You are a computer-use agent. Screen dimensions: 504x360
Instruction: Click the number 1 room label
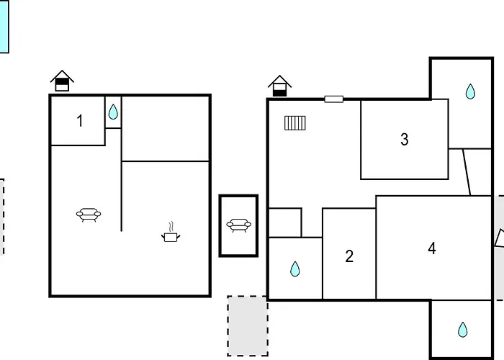tap(80, 121)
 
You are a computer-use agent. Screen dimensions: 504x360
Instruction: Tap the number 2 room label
tap(349, 256)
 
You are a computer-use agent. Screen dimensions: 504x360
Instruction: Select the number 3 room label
tap(405, 140)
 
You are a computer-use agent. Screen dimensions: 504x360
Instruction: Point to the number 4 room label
tap(432, 248)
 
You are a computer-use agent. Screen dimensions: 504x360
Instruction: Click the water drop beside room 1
tap(113, 112)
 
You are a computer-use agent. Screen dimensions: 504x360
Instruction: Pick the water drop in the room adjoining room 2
tap(294, 269)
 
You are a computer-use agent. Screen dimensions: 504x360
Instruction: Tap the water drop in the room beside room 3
tap(470, 91)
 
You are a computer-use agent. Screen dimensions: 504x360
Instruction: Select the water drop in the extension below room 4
tap(462, 330)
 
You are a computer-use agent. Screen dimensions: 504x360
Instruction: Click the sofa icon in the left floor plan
tap(89, 215)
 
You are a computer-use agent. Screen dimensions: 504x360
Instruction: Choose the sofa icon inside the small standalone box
tap(238, 225)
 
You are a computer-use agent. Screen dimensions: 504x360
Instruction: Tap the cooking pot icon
tap(171, 237)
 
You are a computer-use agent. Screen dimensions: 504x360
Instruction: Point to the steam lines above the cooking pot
tap(171, 226)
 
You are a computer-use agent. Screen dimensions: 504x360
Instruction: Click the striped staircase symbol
tap(295, 123)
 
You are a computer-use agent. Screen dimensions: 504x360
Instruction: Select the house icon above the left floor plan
tap(62, 81)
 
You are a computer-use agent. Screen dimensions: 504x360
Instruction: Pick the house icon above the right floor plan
tap(279, 86)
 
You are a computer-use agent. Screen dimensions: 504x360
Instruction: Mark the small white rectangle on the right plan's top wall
tap(333, 99)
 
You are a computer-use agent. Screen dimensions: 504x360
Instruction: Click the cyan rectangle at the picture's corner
tap(4, 27)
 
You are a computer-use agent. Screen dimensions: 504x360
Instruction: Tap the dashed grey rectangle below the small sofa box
tap(248, 326)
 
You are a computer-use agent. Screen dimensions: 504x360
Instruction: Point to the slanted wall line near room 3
tap(467, 172)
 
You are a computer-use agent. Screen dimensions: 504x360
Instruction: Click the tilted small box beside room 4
tap(499, 238)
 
